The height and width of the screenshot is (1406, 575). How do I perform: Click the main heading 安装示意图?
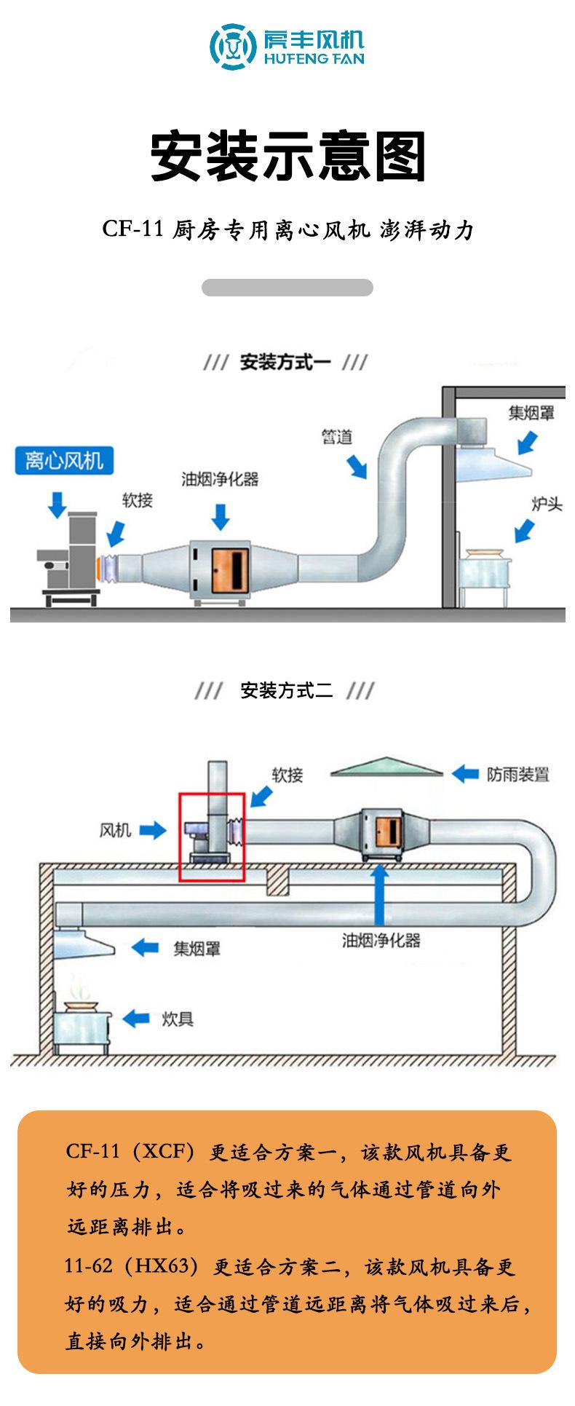pos(287,157)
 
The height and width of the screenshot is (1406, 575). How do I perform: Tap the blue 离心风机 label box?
pos(64,461)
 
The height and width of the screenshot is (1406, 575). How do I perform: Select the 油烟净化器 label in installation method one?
pos(220,478)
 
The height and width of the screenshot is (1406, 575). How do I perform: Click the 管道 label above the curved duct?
pos(337,436)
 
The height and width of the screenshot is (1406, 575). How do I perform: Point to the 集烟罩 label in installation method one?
pos(531,413)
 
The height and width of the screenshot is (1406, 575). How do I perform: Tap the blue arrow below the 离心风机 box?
pos(57,504)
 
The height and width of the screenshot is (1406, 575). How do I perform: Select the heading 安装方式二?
pos(286,690)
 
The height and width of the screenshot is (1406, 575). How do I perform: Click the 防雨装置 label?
pos(517,774)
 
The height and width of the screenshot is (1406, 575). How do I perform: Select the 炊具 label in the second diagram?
pos(178,1019)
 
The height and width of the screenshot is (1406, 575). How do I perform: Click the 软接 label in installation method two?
pos(287,775)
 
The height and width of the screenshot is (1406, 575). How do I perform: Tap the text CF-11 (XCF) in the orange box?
pos(130,1152)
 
